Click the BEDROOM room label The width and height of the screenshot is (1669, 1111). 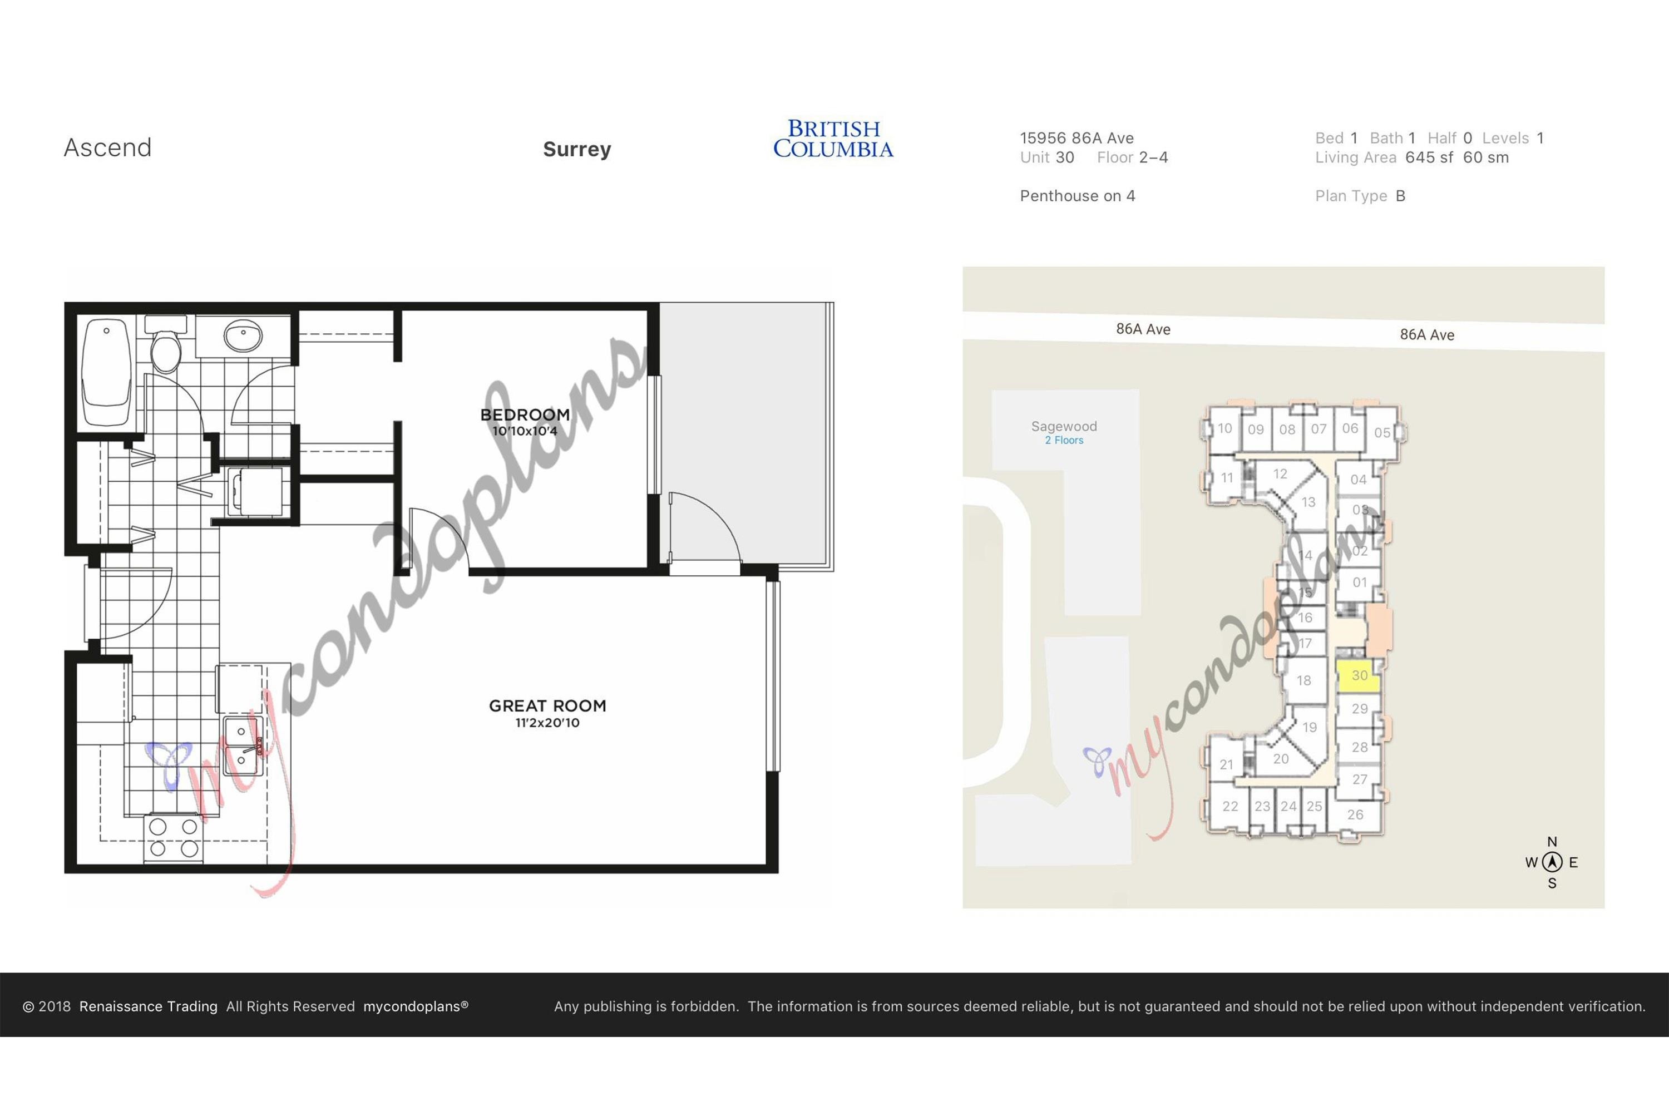[525, 414]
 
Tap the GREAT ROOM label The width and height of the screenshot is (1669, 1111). [547, 706]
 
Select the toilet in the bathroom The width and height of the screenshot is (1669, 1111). [166, 345]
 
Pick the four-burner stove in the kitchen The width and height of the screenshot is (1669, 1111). [174, 838]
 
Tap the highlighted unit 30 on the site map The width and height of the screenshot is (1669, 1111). [1358, 676]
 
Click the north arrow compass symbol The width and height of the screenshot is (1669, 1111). [1552, 862]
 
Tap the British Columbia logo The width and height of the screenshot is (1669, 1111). [833, 139]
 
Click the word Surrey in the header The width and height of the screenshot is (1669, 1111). [577, 149]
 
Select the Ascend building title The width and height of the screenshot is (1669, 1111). [108, 147]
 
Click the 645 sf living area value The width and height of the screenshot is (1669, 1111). [1429, 157]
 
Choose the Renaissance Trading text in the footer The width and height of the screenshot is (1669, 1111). [148, 1006]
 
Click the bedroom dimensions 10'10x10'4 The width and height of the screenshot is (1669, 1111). [525, 431]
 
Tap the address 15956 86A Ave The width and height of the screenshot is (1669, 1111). [1077, 138]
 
